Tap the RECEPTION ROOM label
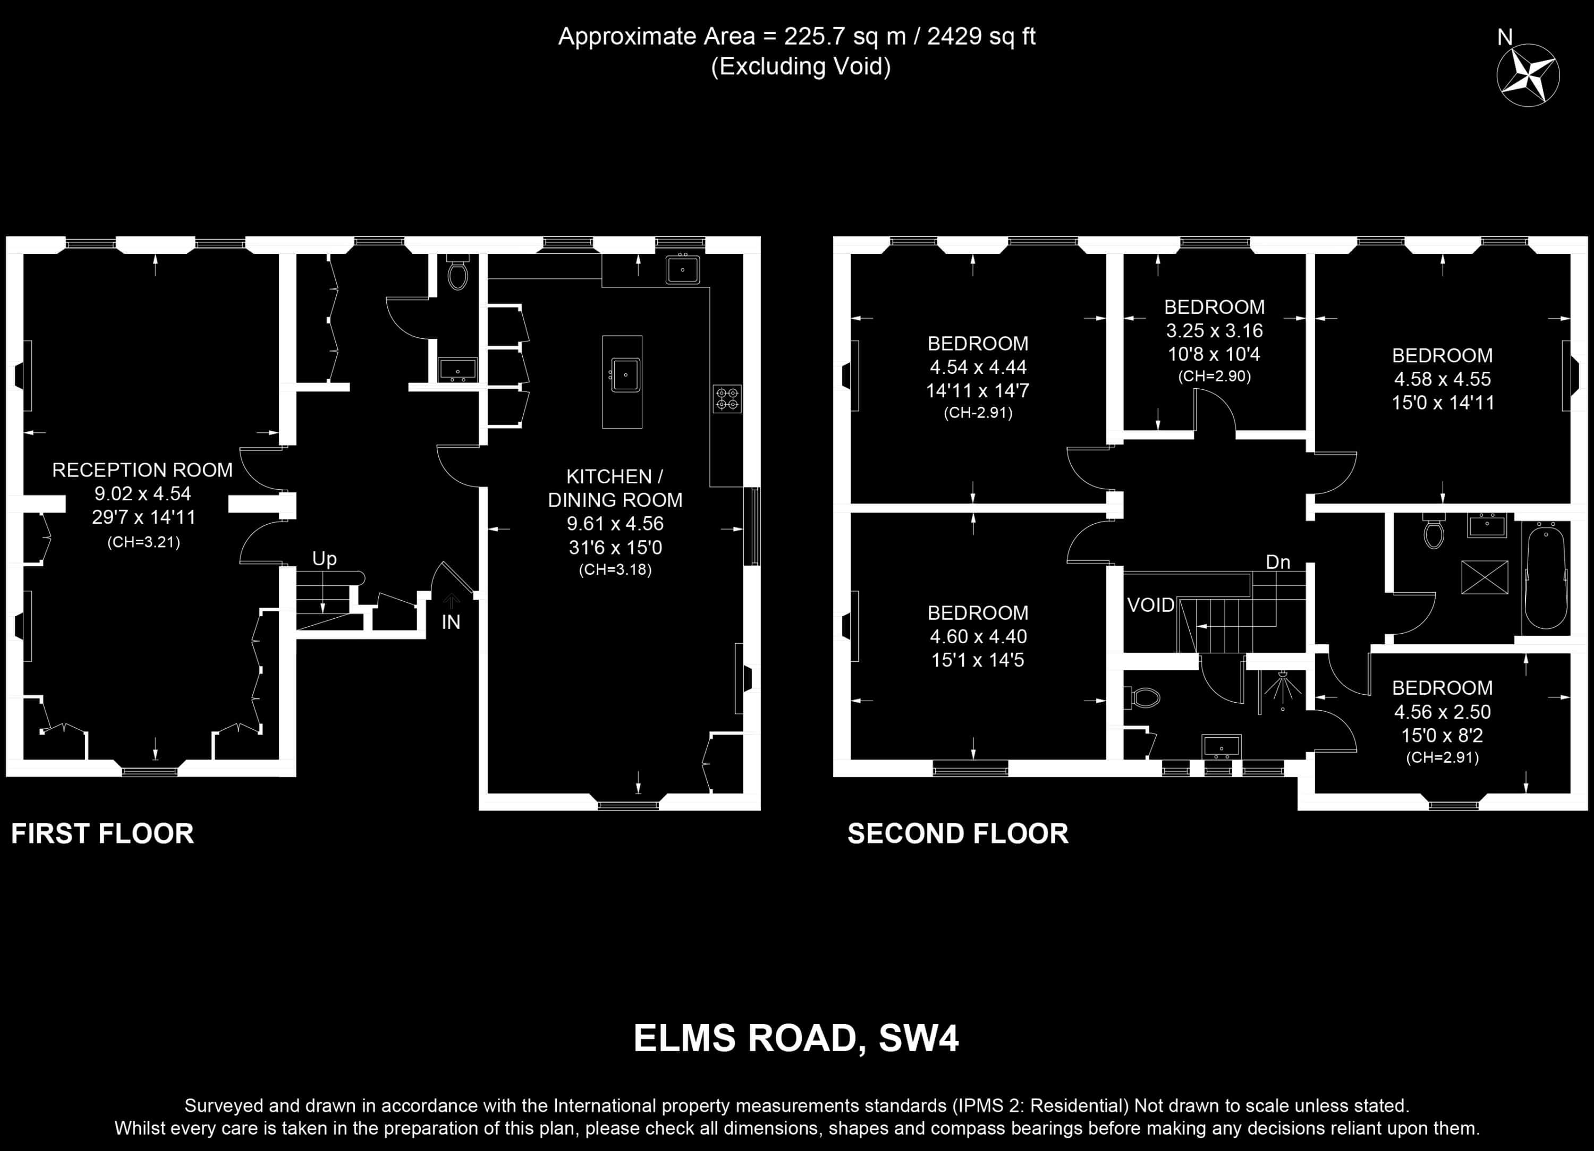(143, 470)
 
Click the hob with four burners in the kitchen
(727, 398)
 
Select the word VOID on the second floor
(1150, 605)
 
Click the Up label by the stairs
(325, 559)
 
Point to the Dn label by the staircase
(1278, 562)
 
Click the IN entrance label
(451, 622)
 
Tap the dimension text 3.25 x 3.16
(1215, 330)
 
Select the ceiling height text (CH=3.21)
(143, 542)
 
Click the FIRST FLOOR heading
(103, 833)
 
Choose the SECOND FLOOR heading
(958, 833)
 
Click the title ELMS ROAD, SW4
(796, 1038)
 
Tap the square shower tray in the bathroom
(1485, 577)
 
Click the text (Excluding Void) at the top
(801, 67)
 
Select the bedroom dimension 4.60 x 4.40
(978, 637)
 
